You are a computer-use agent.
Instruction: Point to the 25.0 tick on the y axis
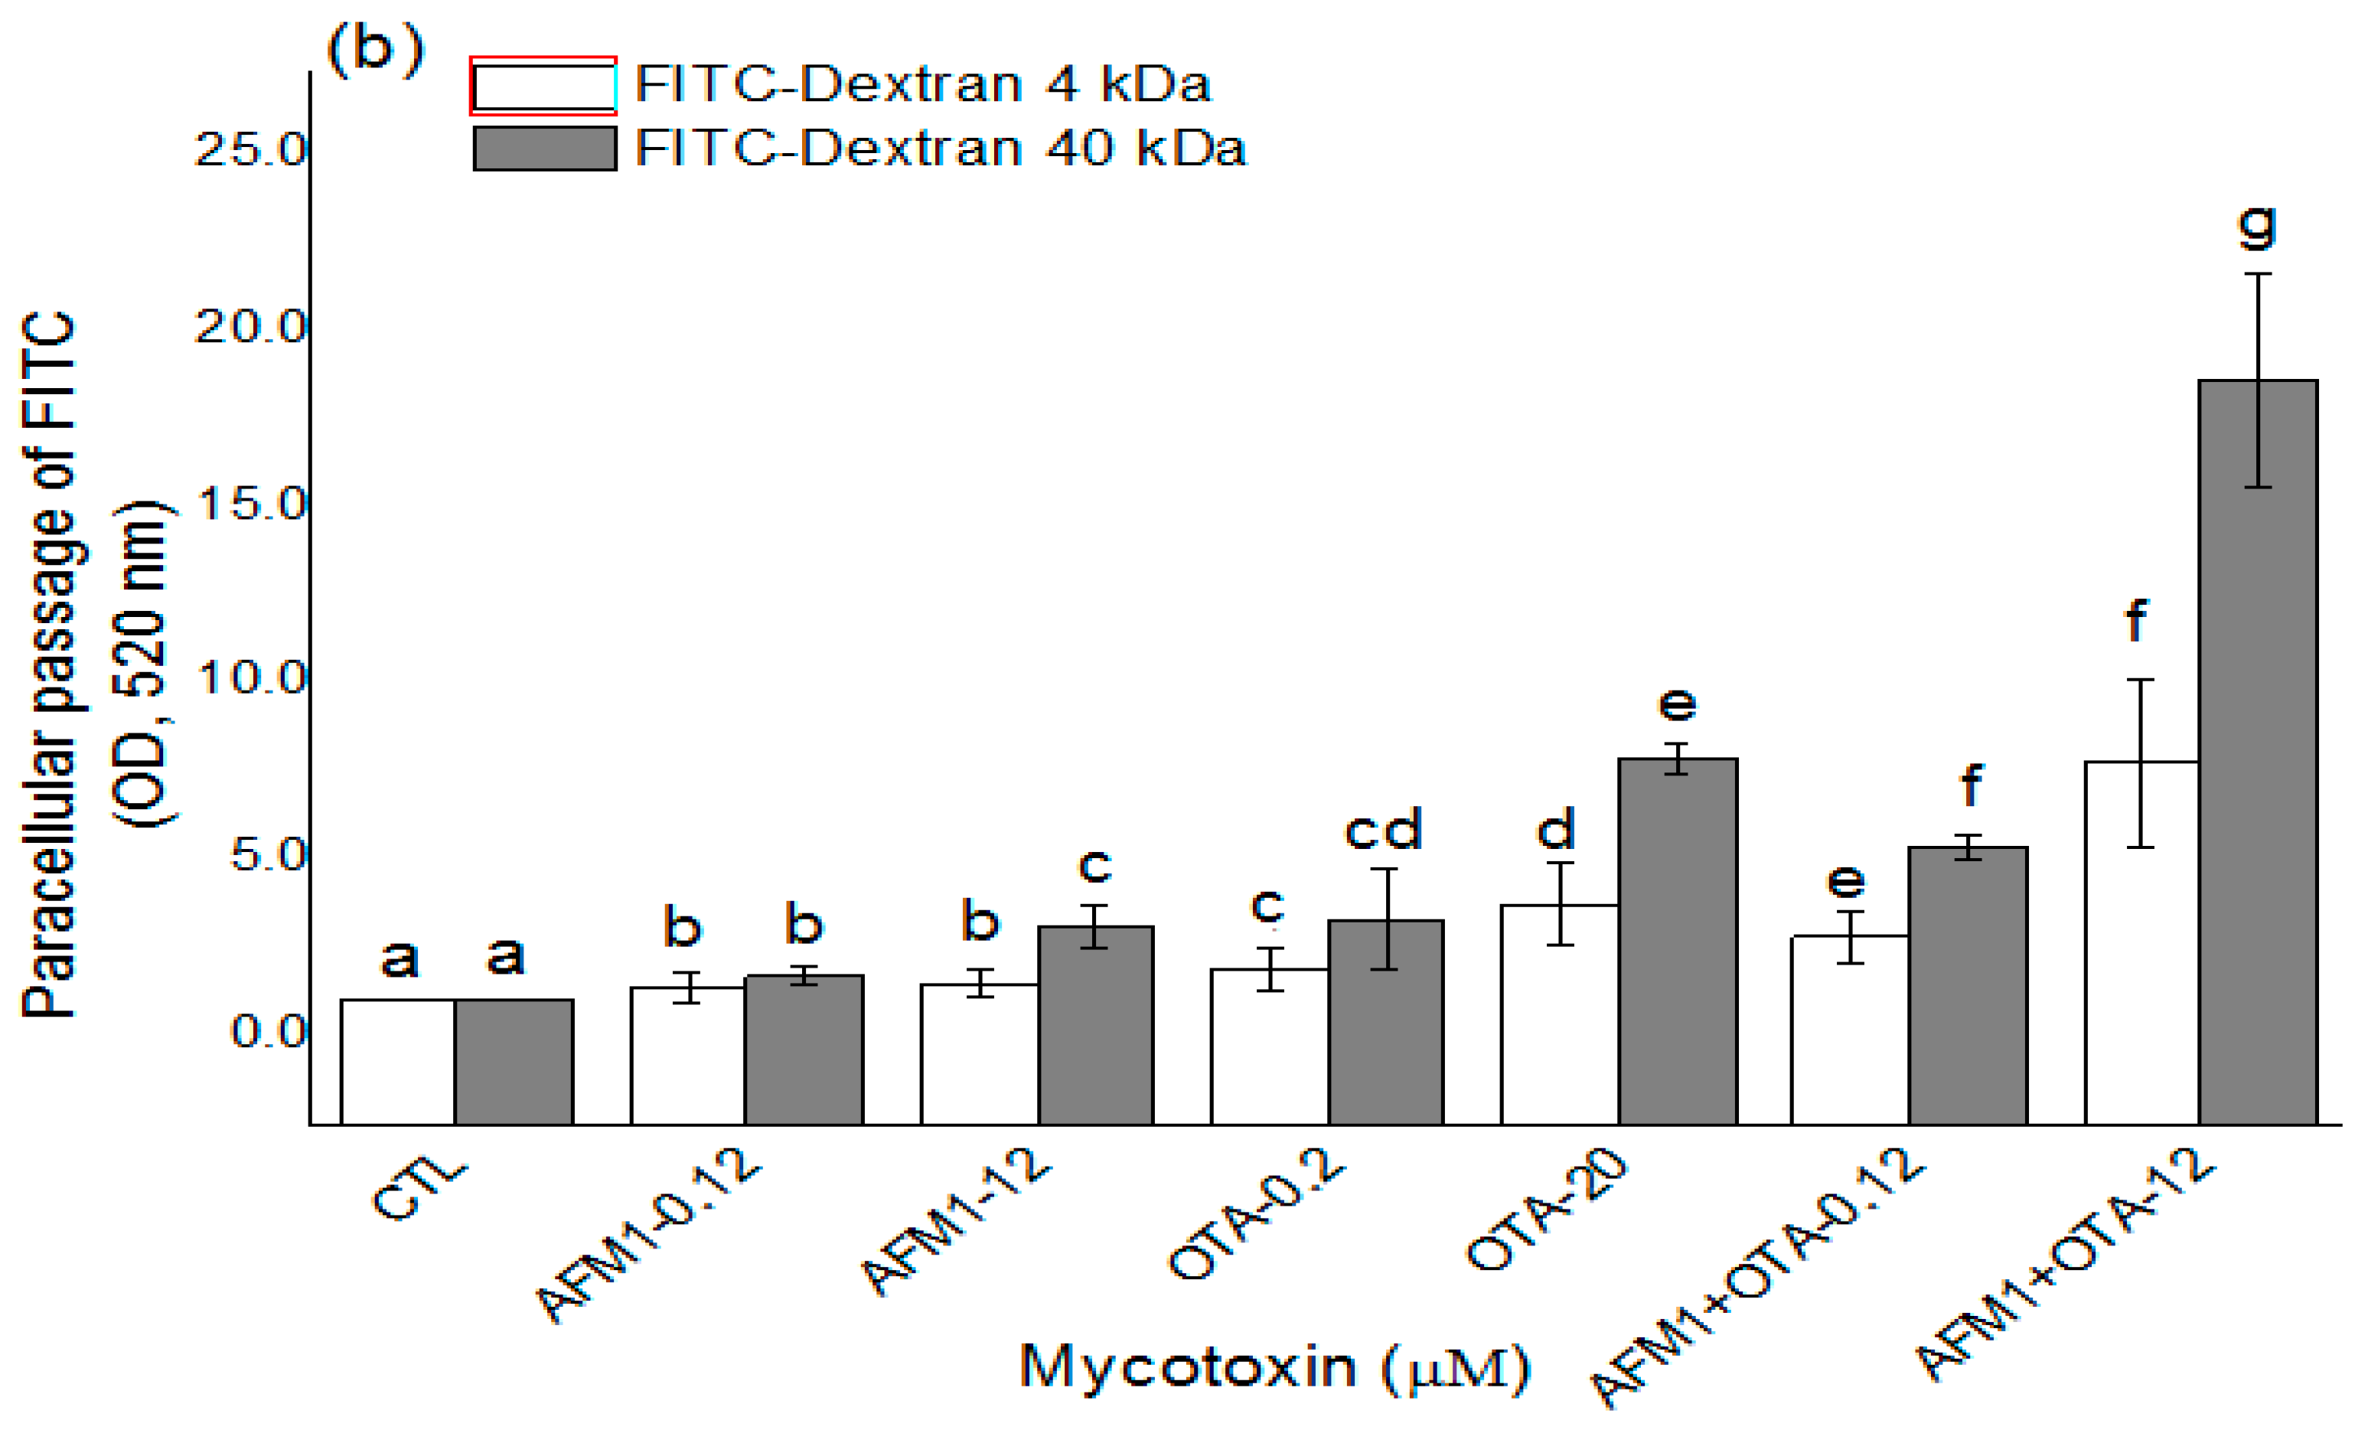tap(250, 150)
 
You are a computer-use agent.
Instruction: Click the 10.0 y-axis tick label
tap(250, 678)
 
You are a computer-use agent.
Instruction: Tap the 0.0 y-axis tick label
tap(267, 1031)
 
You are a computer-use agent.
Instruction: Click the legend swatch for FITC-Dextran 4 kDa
tap(544, 87)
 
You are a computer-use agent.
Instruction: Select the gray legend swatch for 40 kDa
tap(544, 149)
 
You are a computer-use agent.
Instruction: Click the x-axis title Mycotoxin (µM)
tap(1274, 1366)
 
